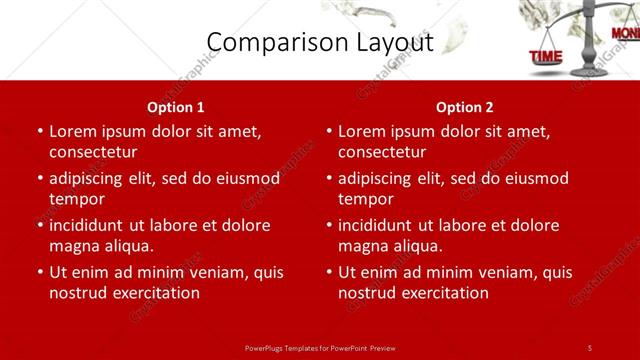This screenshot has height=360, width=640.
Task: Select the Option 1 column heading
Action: click(176, 107)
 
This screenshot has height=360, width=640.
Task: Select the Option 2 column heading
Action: click(465, 107)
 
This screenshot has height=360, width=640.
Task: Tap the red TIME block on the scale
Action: click(546, 57)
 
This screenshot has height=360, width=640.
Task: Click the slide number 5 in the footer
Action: click(589, 347)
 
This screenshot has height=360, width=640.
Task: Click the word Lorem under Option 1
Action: click(72, 131)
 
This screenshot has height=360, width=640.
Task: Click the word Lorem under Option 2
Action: click(361, 131)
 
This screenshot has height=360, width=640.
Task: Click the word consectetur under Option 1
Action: click(93, 152)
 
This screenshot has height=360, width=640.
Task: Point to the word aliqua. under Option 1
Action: click(125, 246)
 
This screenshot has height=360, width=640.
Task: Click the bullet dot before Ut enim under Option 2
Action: click(329, 272)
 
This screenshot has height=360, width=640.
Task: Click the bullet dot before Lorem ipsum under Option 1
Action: click(40, 131)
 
